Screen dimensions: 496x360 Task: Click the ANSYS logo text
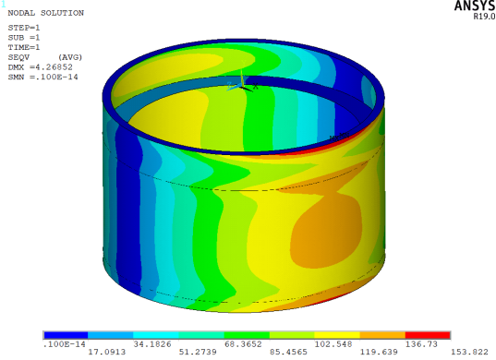coord(475,6)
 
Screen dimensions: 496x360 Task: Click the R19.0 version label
coord(484,17)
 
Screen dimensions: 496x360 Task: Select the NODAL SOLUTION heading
coord(46,13)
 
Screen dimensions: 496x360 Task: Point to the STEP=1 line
coord(24,28)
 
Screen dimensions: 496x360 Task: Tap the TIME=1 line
coord(24,47)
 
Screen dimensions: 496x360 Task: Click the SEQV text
coord(18,57)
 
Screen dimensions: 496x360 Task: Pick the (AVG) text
coord(70,57)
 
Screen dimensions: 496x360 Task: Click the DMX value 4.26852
coord(54,67)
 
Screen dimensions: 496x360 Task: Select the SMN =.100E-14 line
coord(42,77)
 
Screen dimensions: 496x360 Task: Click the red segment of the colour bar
coord(428,335)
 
